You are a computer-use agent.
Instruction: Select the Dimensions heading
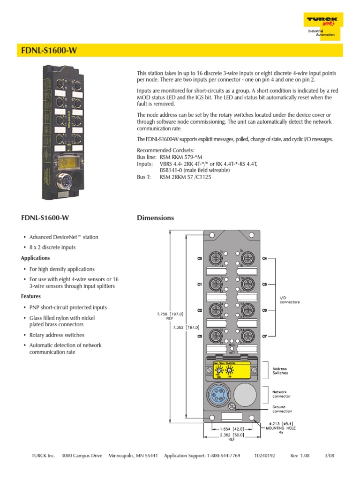click(155, 218)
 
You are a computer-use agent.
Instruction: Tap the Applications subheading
click(36, 258)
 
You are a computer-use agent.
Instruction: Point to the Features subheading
click(31, 297)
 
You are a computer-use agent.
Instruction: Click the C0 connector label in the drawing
click(199, 259)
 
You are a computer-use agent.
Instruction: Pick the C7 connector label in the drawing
click(264, 336)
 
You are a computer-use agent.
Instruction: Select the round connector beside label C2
click(216, 309)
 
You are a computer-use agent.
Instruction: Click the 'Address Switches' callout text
click(280, 370)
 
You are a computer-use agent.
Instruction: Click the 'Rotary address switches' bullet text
click(57, 335)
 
